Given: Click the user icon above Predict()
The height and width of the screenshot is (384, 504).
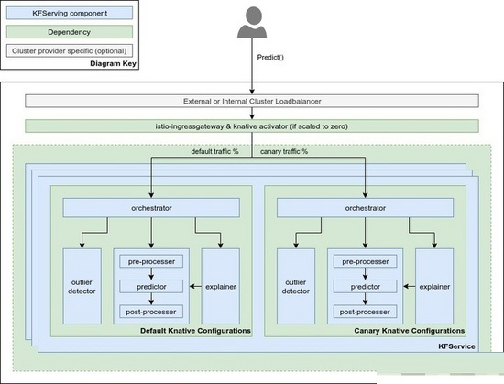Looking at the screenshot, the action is click(x=252, y=23).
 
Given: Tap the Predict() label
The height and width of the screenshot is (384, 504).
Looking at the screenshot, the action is click(x=270, y=58).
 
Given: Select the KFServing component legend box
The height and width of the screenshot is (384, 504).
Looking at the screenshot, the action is click(x=70, y=13).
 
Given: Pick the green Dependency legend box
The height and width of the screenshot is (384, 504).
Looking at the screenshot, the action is click(x=70, y=32).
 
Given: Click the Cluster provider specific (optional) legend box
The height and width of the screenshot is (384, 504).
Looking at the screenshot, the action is click(x=70, y=50).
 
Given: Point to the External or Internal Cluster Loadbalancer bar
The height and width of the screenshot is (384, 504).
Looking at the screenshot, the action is click(x=252, y=101).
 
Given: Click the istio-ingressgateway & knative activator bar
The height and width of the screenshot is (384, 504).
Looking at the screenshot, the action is click(x=252, y=126).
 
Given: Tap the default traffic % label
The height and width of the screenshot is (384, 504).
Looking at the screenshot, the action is click(x=214, y=151).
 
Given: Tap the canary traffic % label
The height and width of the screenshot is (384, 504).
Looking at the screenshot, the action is click(x=284, y=151).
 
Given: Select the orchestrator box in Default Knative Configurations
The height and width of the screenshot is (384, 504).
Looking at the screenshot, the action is click(x=151, y=208).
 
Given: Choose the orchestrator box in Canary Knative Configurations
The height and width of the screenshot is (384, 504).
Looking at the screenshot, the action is click(x=365, y=208).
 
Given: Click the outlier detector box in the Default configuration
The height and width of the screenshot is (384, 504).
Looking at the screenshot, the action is click(x=82, y=286).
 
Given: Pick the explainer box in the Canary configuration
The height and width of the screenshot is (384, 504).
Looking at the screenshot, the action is click(x=434, y=286).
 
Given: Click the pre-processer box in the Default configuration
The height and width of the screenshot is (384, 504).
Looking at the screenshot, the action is click(x=151, y=261).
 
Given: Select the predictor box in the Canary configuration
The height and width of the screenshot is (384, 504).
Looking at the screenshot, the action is click(x=365, y=286).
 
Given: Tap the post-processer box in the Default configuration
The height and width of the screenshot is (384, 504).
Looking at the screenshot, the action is click(x=151, y=312).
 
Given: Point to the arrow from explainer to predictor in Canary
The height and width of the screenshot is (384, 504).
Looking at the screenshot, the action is click(x=410, y=286).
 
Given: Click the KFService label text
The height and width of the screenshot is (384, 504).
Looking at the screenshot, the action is click(x=456, y=346).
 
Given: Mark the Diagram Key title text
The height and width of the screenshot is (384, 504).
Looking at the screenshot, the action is click(x=113, y=63).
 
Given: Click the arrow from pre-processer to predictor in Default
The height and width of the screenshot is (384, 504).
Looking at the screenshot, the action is click(x=151, y=274).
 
